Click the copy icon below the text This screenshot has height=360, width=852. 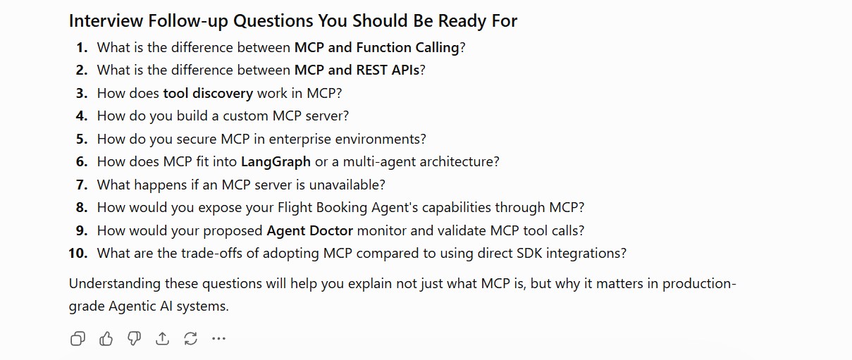pos(78,338)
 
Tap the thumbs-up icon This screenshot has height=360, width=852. pos(106,338)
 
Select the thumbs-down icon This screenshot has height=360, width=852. pos(135,338)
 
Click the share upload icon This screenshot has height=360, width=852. pos(162,338)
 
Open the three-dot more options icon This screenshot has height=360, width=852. pos(218,338)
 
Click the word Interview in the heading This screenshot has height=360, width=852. pos(106,20)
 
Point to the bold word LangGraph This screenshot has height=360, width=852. pos(276,162)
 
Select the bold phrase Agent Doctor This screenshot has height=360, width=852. pos(309,231)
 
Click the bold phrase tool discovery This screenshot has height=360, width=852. pos(208,93)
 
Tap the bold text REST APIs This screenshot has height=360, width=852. pos(388,70)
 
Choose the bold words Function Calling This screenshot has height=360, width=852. pos(408,48)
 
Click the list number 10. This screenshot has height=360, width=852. pos(78,254)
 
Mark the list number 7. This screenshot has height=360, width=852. pos(82,185)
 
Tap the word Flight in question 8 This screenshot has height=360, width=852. pos(295,208)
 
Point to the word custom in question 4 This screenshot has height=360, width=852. pos(245,116)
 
